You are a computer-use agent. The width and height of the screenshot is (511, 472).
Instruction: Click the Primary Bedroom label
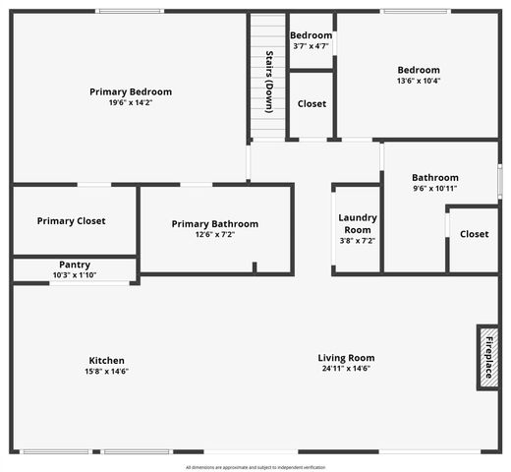(130, 91)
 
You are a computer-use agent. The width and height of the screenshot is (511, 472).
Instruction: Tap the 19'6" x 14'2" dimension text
(130, 102)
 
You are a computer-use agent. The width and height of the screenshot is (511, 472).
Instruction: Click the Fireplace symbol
(487, 357)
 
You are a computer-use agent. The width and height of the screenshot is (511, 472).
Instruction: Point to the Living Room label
(346, 358)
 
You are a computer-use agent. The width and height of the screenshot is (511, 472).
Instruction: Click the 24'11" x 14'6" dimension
(346, 369)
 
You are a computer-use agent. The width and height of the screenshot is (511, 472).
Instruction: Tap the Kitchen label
(106, 360)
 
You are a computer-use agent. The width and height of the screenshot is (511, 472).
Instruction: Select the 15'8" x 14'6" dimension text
(106, 372)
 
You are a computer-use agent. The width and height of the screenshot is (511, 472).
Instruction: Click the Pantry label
(75, 265)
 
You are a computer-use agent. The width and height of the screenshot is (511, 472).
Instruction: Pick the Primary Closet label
(71, 221)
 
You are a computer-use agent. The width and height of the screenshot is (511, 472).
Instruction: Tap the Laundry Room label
(357, 223)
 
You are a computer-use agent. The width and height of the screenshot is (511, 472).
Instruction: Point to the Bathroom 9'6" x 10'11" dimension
(434, 188)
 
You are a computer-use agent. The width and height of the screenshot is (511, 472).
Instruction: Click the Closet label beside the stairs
(312, 103)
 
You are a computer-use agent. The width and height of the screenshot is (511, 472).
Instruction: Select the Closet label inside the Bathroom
(474, 234)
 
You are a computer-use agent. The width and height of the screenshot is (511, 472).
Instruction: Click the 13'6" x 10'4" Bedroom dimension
(419, 81)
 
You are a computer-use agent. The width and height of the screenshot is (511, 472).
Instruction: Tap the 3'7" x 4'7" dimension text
(312, 46)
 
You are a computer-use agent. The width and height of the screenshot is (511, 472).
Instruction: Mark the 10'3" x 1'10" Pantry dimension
(75, 275)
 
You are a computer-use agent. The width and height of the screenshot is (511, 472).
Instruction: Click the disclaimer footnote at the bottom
(255, 467)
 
